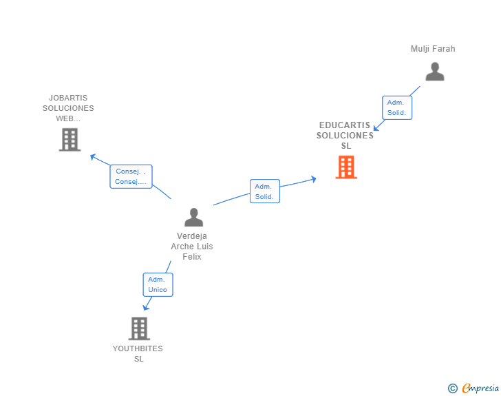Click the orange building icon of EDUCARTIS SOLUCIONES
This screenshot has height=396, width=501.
[346, 167]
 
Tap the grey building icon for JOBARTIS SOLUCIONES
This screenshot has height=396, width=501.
[70, 140]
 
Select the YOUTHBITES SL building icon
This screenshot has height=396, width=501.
[139, 329]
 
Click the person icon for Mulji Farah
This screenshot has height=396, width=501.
[435, 72]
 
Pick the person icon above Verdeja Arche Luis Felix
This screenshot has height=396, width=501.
[193, 217]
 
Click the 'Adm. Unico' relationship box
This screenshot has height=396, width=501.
[158, 284]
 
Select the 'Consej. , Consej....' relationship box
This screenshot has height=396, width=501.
[131, 176]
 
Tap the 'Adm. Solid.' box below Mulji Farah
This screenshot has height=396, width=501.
[397, 108]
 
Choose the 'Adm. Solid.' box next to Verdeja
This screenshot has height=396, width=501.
[265, 191]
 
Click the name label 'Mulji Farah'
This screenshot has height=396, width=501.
[433, 49]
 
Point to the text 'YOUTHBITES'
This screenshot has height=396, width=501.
[138, 348]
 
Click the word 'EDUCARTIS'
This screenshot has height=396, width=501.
[345, 125]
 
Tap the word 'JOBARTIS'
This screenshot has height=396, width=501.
[68, 98]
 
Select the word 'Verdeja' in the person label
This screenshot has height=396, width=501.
[192, 236]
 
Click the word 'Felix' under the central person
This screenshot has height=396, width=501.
[192, 256]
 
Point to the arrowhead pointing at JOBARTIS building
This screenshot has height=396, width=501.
[93, 157]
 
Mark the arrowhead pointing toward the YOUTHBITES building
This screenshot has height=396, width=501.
[146, 307]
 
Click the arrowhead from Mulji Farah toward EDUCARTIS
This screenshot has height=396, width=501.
[376, 128]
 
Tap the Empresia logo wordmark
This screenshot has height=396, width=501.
[480, 388]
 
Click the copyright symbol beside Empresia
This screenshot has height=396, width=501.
[453, 388]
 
